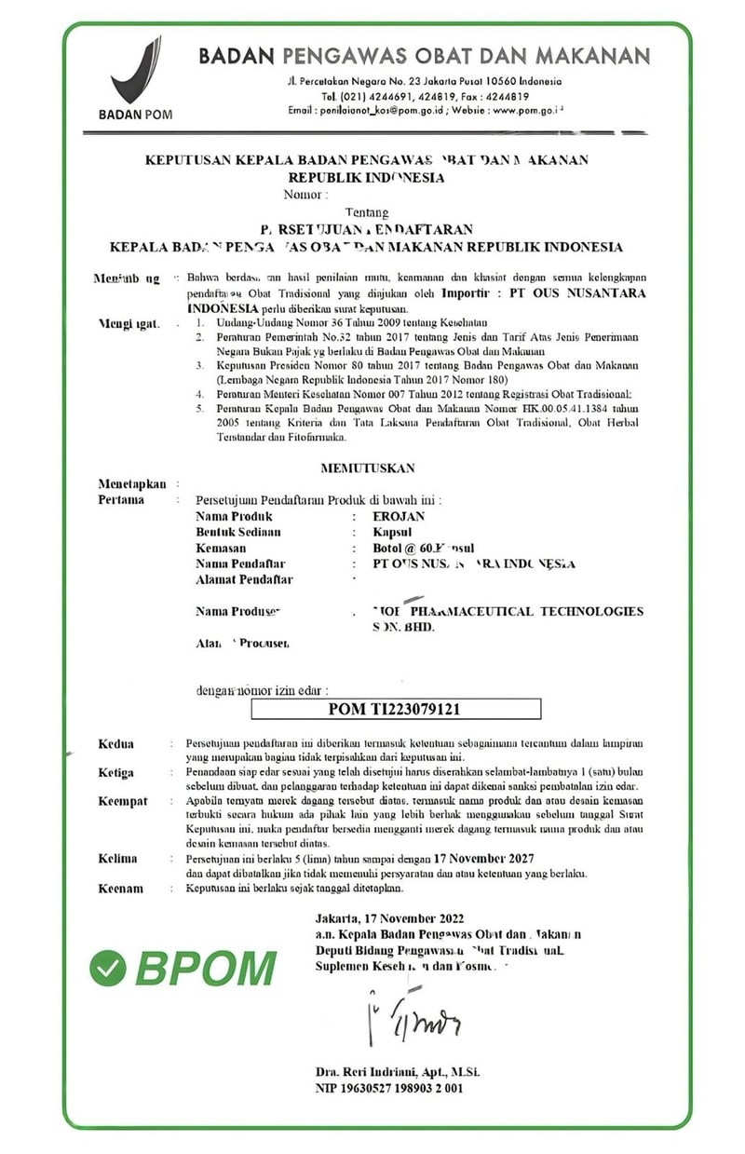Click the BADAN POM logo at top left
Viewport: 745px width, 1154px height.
(x=135, y=79)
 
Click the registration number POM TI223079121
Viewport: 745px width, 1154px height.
(x=396, y=709)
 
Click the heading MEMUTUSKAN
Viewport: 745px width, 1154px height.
(x=368, y=468)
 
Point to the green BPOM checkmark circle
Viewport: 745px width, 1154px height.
(x=108, y=968)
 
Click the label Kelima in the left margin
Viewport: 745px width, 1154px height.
(x=117, y=859)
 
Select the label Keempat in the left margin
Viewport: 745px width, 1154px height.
(x=122, y=801)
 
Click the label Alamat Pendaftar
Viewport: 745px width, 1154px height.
(x=244, y=579)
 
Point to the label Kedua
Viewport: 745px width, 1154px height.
(x=116, y=743)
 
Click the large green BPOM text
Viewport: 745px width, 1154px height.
(x=206, y=969)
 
